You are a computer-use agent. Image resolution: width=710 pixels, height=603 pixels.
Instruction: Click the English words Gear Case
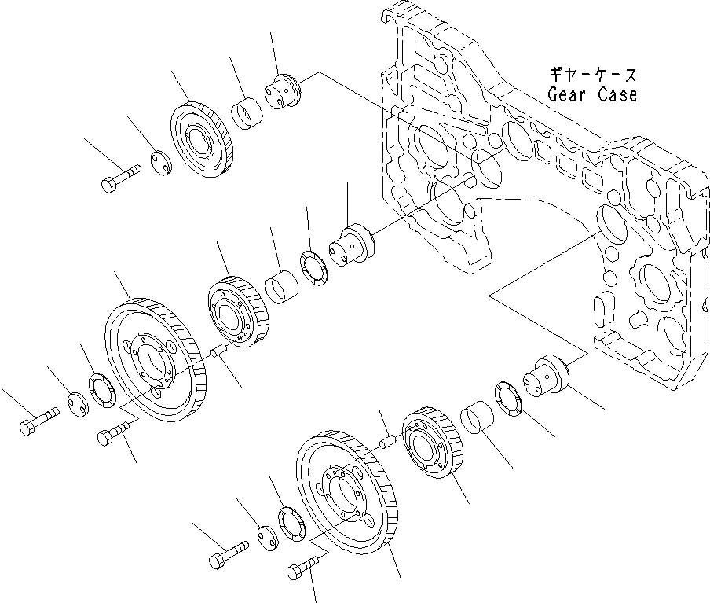592,95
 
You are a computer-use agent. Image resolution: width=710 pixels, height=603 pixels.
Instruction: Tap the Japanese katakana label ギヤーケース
593,76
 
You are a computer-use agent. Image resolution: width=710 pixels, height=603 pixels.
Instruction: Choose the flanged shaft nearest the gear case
549,376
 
